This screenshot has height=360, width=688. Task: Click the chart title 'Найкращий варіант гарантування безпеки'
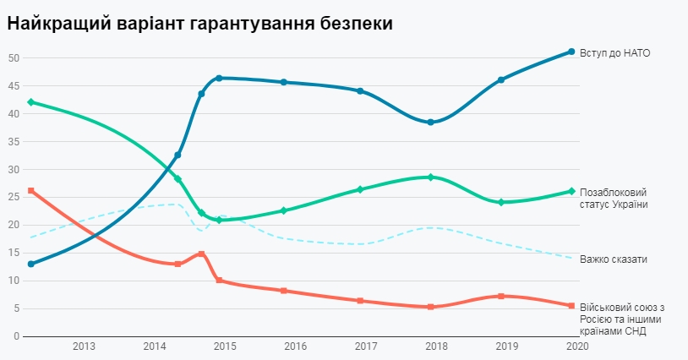pos(199,24)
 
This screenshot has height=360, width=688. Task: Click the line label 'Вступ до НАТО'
pos(614,52)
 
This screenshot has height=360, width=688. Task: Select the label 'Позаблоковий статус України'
pos(614,199)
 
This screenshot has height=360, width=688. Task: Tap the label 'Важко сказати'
pos(614,259)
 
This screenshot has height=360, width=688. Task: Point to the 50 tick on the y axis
pos(14,58)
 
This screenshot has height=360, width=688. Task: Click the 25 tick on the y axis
pos(14,197)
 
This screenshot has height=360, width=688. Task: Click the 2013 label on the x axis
pos(84,346)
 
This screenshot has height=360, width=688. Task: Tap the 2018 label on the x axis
pos(437,346)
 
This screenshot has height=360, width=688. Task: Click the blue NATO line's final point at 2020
pos(571,52)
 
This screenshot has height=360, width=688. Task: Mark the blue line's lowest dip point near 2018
pos(430,123)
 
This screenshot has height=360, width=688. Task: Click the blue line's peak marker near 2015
pos(219,78)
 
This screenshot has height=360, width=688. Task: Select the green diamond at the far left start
pos(30,102)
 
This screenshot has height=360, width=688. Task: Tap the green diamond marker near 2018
pos(430,177)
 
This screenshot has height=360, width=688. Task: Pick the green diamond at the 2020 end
pos(571,191)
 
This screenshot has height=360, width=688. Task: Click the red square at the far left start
pos(30,191)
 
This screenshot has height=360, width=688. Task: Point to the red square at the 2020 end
pos(571,306)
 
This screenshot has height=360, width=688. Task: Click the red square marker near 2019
pos(501,296)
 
